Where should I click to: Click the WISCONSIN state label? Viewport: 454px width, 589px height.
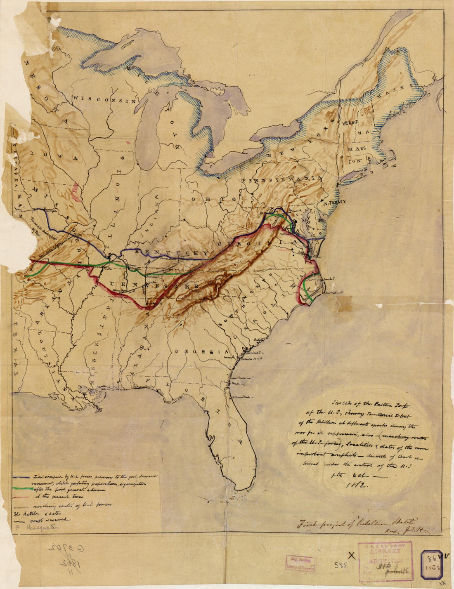(x=105, y=99)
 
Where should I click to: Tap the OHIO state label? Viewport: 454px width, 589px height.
(x=213, y=199)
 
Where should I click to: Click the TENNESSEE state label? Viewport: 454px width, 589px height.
(x=153, y=285)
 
